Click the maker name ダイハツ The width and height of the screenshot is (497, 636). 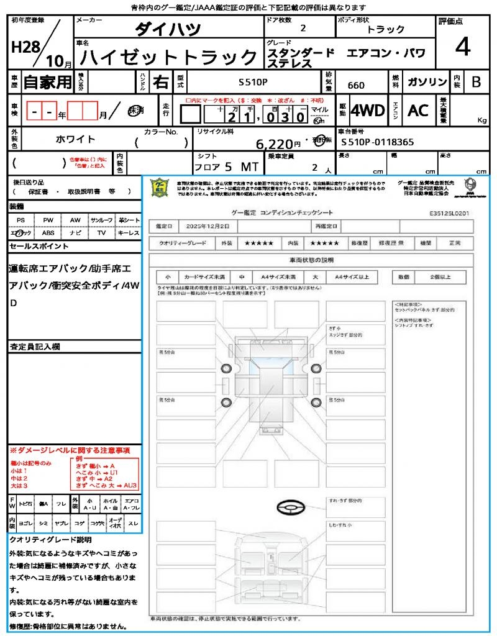coord(168,29)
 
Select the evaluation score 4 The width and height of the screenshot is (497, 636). coord(462,47)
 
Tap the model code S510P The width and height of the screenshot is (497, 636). coord(253,81)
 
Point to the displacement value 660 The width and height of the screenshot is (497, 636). coord(356,85)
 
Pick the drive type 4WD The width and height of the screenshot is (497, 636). coord(368,111)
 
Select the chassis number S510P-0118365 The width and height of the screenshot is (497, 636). coord(378,142)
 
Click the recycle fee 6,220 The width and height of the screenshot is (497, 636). coord(274,144)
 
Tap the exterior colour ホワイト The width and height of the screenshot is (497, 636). coord(76,139)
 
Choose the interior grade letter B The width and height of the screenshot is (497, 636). coord(476,82)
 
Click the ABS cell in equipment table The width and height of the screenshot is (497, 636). coord(48,233)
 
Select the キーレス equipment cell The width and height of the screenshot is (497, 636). coord(129,233)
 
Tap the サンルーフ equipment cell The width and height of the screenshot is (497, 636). coord(102,220)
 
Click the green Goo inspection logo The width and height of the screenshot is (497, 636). coord(160,188)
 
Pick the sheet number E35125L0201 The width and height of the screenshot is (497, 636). coord(449,212)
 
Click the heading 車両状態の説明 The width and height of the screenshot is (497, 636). coord(311,260)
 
